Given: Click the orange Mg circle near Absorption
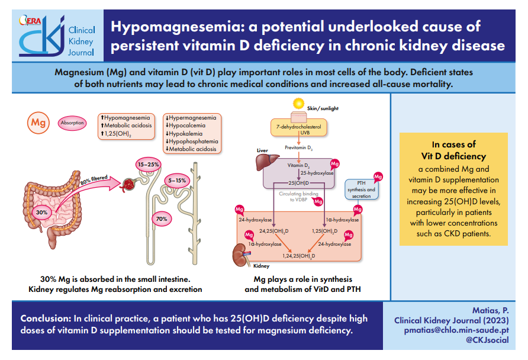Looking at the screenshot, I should pos(38,123).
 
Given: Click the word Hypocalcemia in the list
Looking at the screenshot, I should pos(185,126).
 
